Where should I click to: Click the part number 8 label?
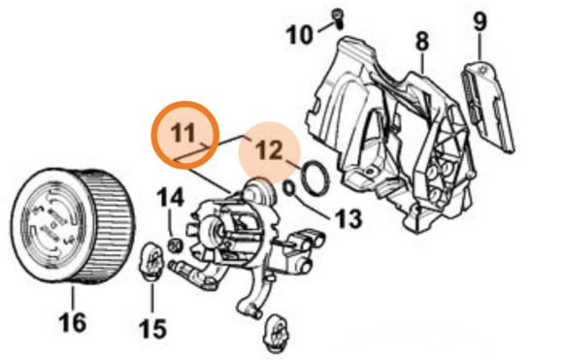422,42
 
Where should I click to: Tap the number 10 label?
299,35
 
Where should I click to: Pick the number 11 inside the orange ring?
183,132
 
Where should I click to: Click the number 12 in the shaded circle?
269,150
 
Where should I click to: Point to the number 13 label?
348,218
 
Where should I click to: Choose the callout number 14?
170,197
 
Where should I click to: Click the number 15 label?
152,328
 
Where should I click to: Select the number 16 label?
72,321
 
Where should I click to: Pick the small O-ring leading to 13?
289,189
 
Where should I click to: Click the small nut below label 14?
175,245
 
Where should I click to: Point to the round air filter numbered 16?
73,226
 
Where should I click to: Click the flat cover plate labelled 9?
486,106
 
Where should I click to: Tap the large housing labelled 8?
391,133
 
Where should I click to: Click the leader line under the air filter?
73,298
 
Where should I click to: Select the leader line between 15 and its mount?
152,299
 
